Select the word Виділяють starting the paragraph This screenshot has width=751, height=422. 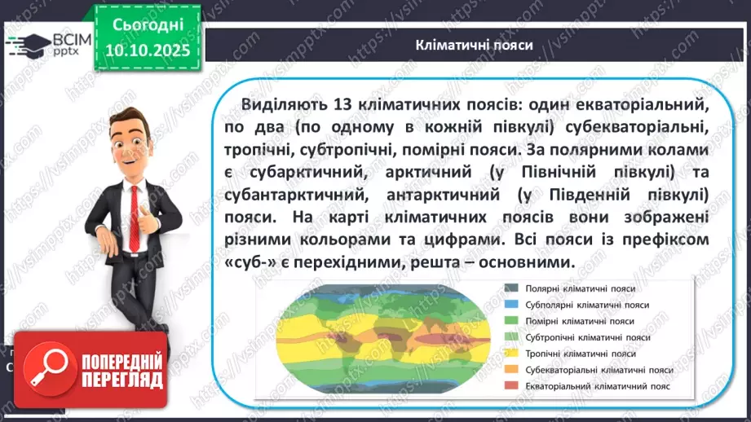(281, 104)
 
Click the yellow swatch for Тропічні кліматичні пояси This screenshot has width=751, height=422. (511, 354)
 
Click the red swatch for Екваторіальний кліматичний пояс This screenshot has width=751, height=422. (511, 386)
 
